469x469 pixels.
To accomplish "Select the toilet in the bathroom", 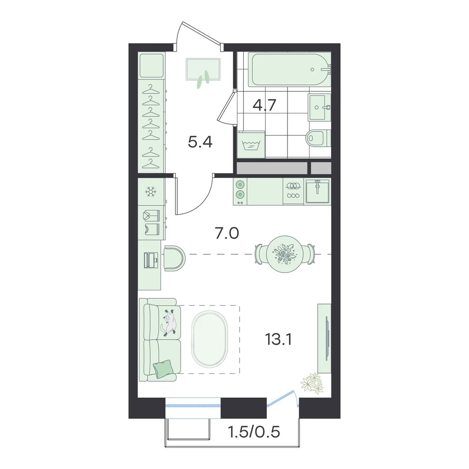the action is (318, 138).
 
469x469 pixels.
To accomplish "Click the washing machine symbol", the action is (251, 145).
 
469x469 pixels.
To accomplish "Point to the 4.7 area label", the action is (264, 105).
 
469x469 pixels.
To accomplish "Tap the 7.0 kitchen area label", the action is (227, 233).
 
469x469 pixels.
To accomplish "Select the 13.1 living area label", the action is (278, 339).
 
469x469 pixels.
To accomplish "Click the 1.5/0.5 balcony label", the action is (254, 432).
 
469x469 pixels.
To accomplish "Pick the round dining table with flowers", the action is (285, 254).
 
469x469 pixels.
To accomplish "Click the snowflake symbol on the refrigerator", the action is (151, 191).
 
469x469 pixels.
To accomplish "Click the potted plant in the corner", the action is (312, 383).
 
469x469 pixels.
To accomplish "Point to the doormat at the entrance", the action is (203, 69).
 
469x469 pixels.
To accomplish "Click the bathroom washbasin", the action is (319, 107).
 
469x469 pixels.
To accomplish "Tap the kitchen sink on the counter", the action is (318, 191).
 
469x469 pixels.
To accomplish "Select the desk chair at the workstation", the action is (174, 258).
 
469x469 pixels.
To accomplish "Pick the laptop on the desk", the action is (151, 260).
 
